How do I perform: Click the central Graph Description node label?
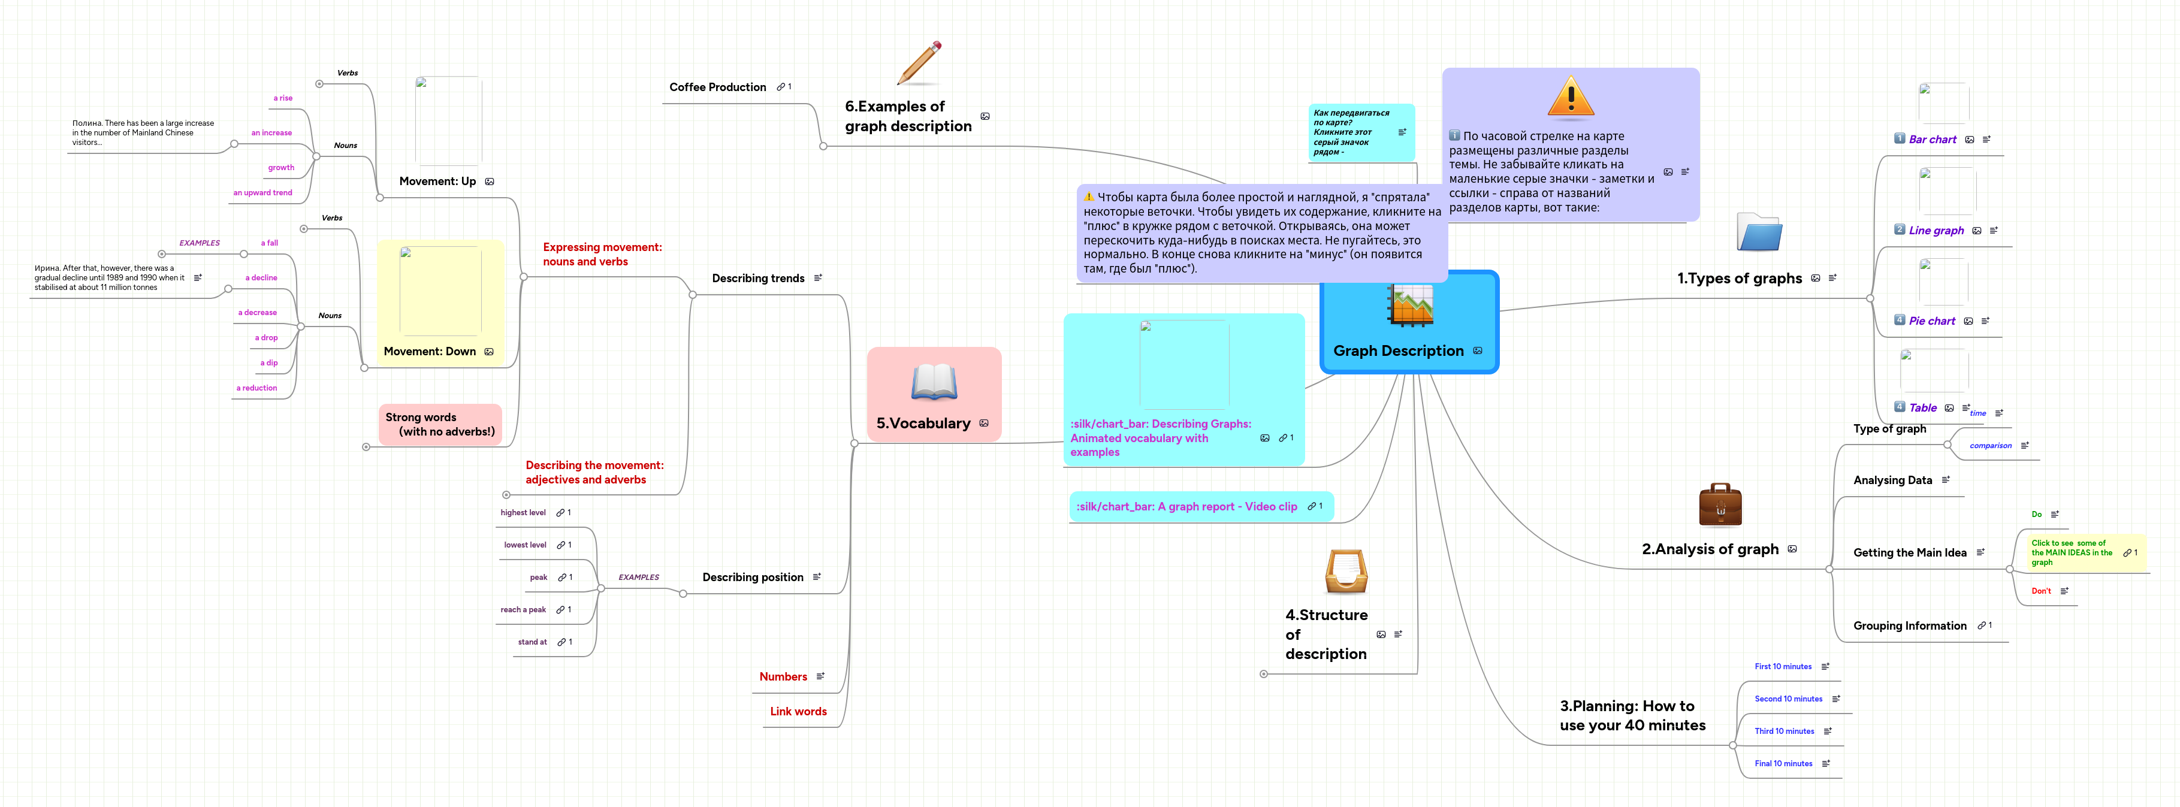point(1398,351)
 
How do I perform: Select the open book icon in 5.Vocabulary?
point(934,382)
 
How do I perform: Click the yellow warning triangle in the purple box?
point(1570,98)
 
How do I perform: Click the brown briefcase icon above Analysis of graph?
point(1720,505)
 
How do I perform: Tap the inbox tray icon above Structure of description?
point(1346,571)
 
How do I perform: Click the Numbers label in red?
point(782,677)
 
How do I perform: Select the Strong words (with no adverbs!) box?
point(439,424)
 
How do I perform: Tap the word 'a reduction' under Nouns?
point(256,388)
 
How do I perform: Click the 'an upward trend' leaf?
point(262,193)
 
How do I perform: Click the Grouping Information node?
point(1909,626)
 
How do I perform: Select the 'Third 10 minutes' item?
point(1783,731)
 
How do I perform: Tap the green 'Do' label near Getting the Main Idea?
point(2036,514)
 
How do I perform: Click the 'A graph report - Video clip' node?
point(1186,507)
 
